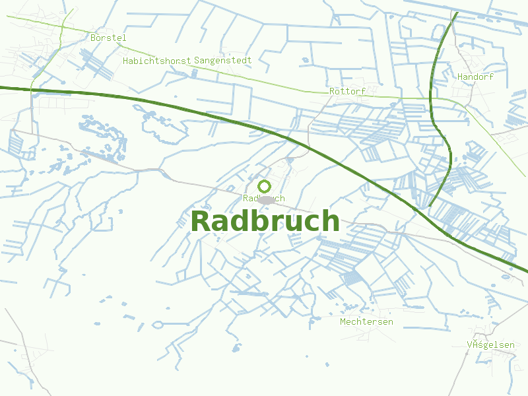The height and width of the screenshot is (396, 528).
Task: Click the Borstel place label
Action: pyautogui.click(x=108, y=38)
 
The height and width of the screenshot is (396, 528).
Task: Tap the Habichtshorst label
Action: pyautogui.click(x=157, y=61)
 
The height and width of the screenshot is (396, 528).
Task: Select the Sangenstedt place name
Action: pyautogui.click(x=223, y=61)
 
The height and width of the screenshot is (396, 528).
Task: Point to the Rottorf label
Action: pyautogui.click(x=347, y=92)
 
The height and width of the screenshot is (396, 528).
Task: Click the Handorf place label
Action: pyautogui.click(x=475, y=77)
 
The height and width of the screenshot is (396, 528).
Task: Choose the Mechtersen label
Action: pyautogui.click(x=366, y=322)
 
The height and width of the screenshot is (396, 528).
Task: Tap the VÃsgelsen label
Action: pyautogui.click(x=490, y=345)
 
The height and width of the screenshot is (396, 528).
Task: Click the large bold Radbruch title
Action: pyautogui.click(x=265, y=222)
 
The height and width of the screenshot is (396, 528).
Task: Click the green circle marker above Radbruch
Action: pyautogui.click(x=264, y=186)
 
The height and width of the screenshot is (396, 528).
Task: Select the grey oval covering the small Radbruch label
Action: pyautogui.click(x=267, y=199)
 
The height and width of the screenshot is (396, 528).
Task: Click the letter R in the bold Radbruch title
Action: pyautogui.click(x=201, y=222)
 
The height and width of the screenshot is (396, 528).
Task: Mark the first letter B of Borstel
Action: pyautogui.click(x=94, y=38)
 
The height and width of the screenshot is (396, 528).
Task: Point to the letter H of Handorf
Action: pyautogui.click(x=460, y=77)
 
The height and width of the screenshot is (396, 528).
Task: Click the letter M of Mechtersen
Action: pyautogui.click(x=343, y=322)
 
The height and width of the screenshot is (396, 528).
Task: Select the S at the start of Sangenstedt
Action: pyautogui.click(x=197, y=61)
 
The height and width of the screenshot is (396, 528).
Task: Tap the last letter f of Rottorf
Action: pyautogui.click(x=363, y=92)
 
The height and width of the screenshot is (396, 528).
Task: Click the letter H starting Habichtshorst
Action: pyautogui.click(x=125, y=61)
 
